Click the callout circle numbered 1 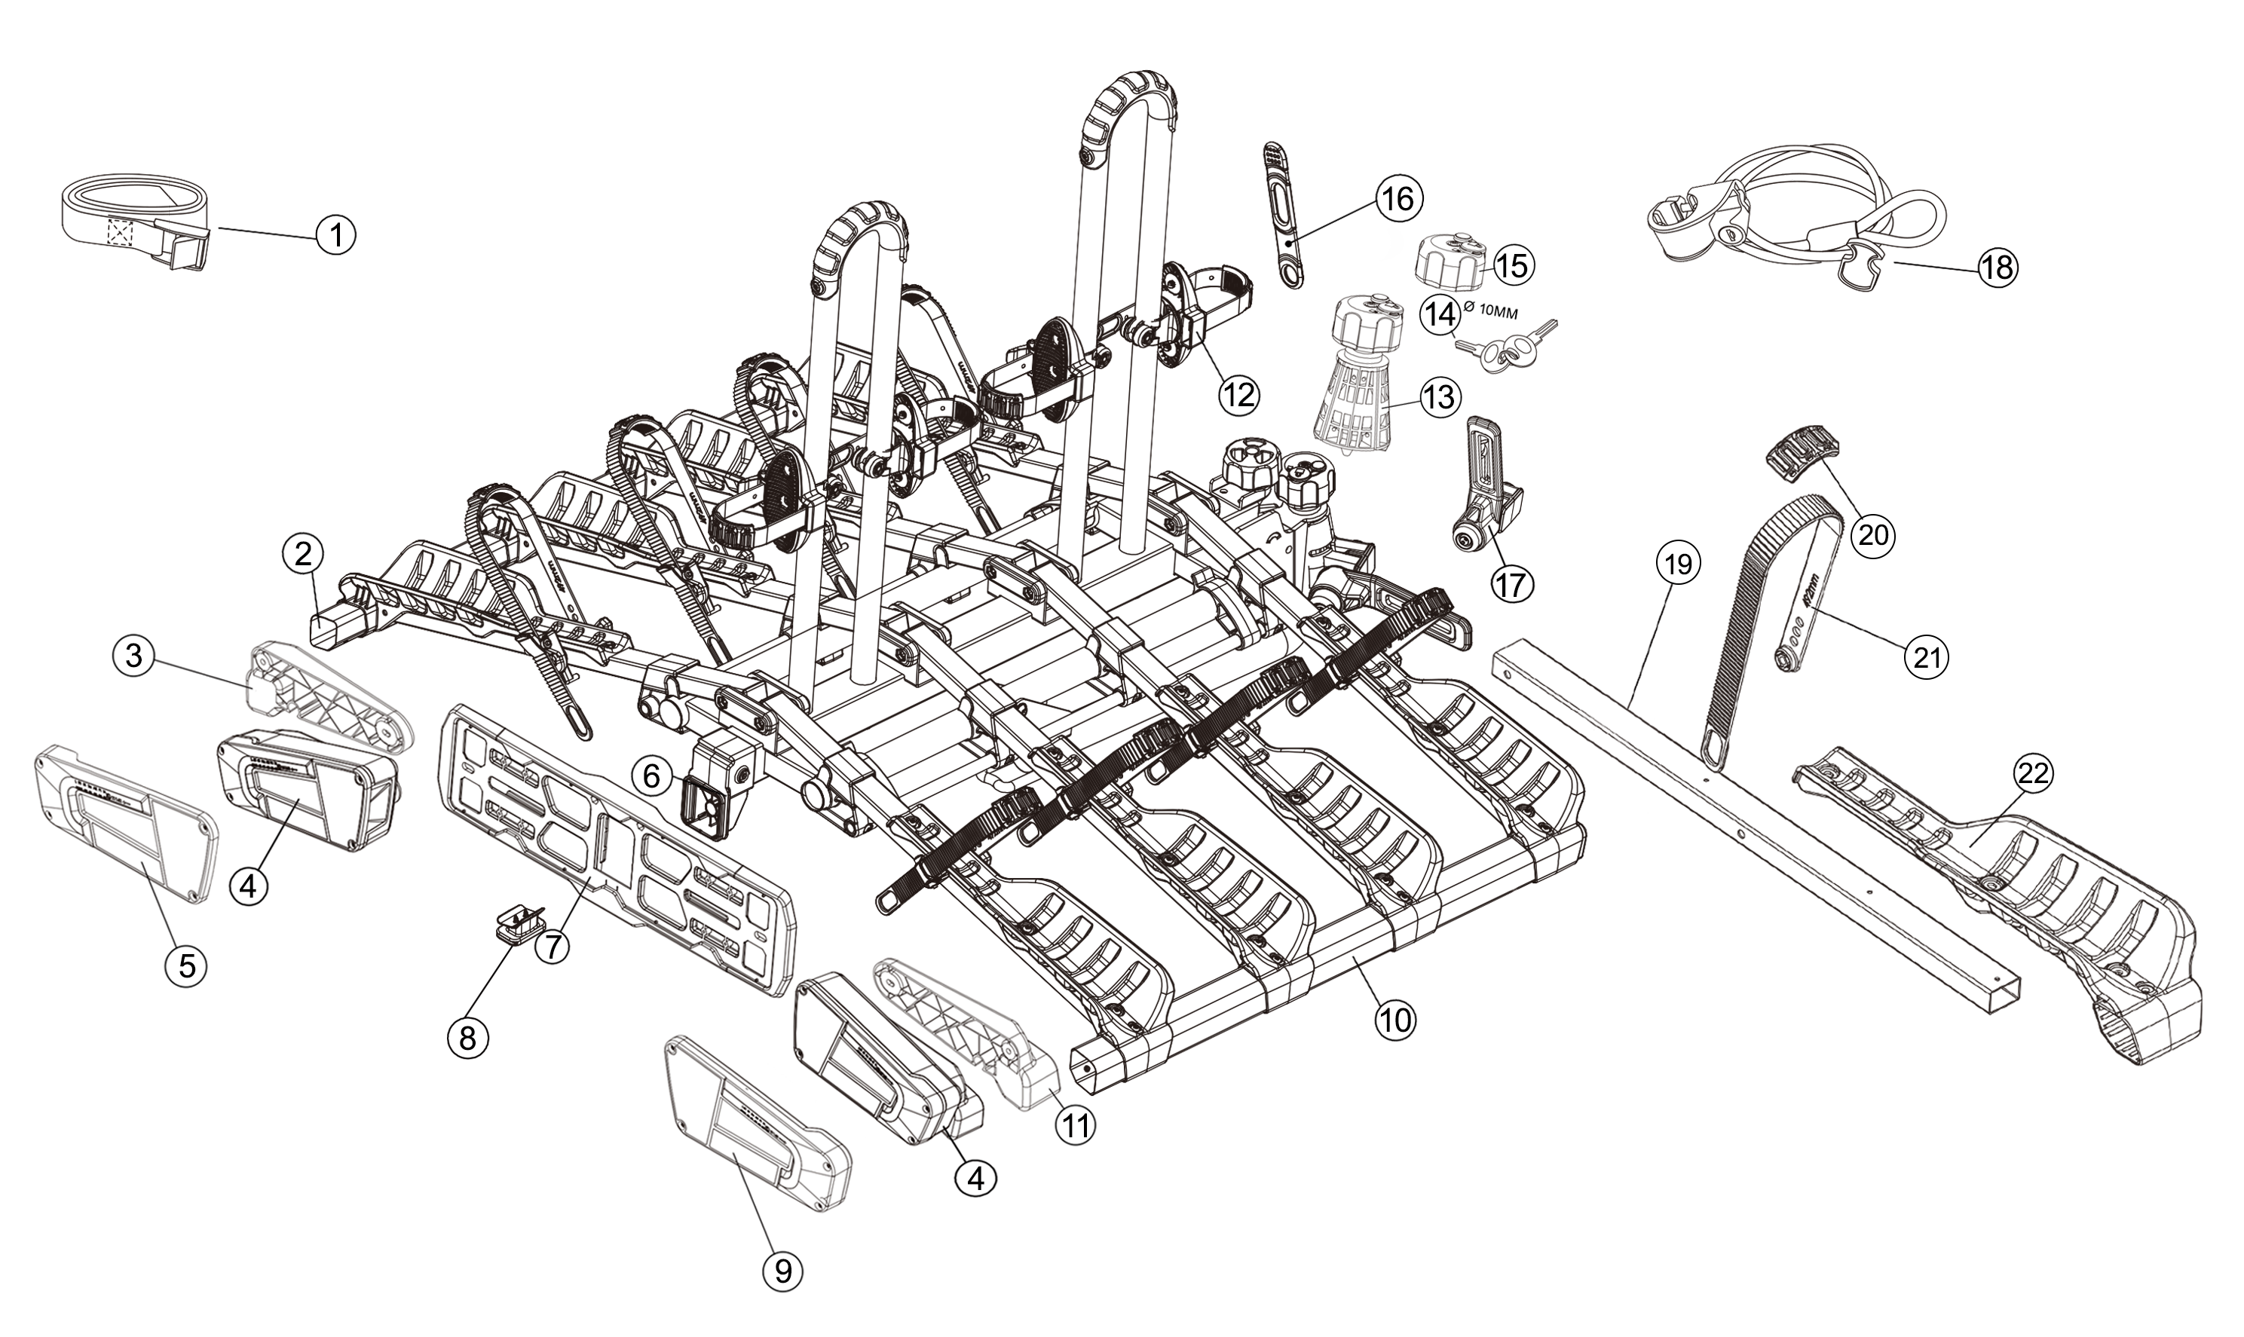[x=336, y=235]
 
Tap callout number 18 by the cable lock [x=1998, y=268]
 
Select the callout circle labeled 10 [x=1395, y=1020]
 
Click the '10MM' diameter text [x=1492, y=313]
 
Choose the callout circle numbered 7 [x=553, y=946]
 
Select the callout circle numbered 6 [x=652, y=775]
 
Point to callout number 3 [x=133, y=655]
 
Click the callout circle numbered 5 [x=185, y=965]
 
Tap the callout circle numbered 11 [x=1075, y=1125]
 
